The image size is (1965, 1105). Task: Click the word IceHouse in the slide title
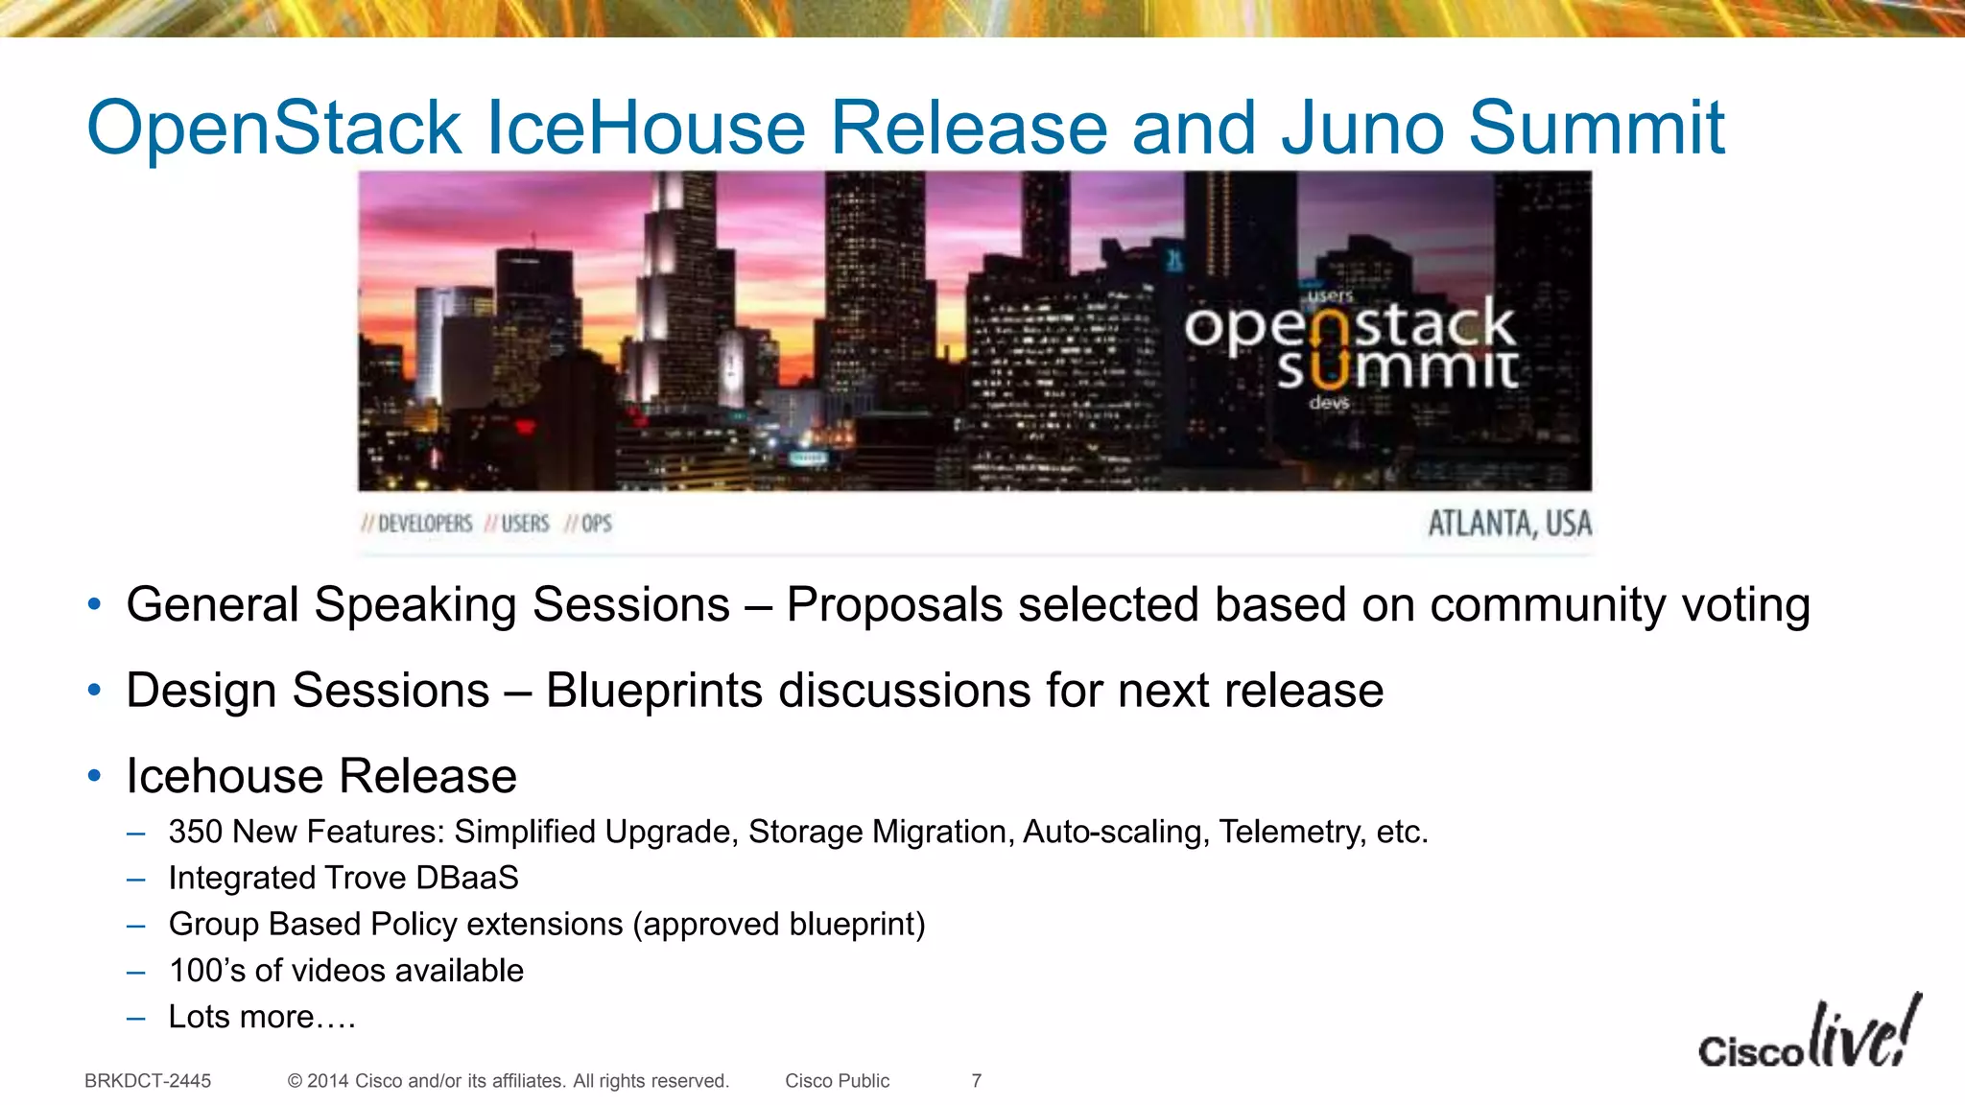click(646, 128)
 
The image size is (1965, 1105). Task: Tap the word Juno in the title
click(1362, 128)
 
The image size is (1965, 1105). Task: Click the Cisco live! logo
click(1809, 1036)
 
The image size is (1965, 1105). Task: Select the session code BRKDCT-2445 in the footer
click(148, 1081)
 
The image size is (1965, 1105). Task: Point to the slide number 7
click(976, 1081)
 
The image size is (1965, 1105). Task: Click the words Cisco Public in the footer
click(837, 1081)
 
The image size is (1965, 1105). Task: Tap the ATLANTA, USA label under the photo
click(1509, 524)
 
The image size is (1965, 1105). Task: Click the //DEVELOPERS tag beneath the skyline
click(417, 524)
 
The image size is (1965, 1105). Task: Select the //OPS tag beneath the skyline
click(588, 524)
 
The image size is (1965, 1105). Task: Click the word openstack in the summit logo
click(1348, 326)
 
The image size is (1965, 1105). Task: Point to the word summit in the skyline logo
click(1397, 368)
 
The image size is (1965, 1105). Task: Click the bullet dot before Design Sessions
click(94, 691)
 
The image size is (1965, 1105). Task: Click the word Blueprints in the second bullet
click(653, 691)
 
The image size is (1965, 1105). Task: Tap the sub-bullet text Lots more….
click(262, 1017)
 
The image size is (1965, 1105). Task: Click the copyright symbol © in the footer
click(295, 1081)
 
